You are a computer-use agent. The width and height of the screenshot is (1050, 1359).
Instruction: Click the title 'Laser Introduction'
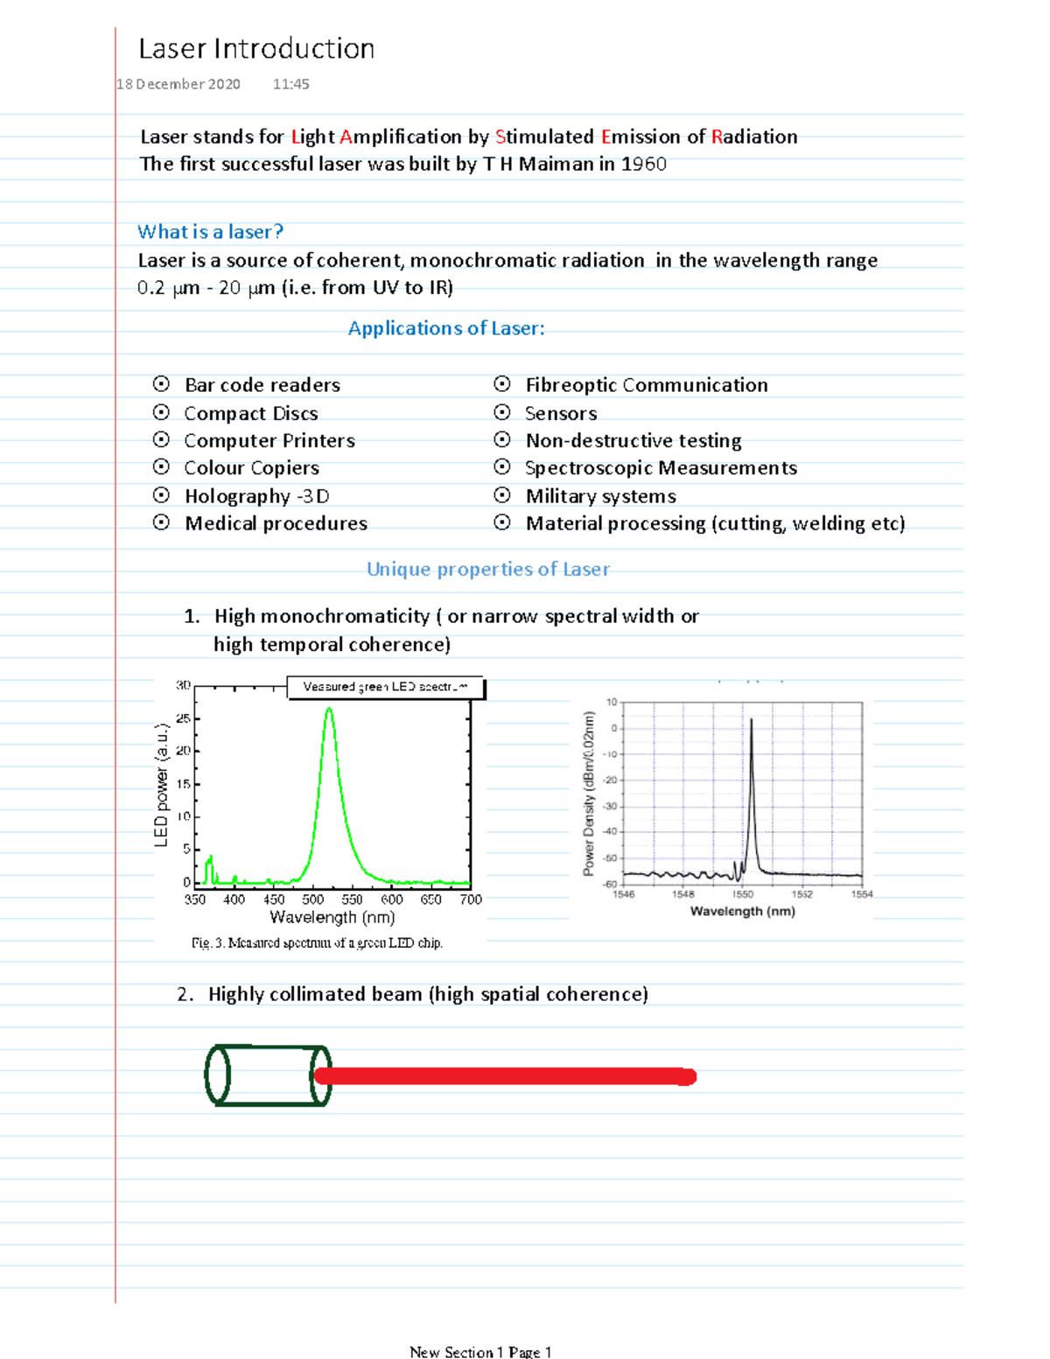(256, 49)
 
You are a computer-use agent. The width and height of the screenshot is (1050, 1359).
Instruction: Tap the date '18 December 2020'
(178, 84)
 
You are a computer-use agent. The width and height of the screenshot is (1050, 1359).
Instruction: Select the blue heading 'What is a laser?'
(210, 232)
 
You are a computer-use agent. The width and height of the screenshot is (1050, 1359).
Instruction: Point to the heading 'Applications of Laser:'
(446, 328)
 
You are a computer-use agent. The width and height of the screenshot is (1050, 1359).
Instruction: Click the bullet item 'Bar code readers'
(262, 385)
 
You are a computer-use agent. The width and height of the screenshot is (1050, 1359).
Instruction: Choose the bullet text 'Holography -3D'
(257, 496)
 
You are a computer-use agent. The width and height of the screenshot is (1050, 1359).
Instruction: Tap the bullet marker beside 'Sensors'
(502, 412)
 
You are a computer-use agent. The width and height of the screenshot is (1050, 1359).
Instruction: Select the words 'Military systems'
(600, 496)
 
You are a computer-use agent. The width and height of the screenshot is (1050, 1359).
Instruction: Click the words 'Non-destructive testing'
(633, 440)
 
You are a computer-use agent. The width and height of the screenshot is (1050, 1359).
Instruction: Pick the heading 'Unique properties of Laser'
(488, 569)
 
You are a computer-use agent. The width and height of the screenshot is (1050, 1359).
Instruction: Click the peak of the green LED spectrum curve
(329, 709)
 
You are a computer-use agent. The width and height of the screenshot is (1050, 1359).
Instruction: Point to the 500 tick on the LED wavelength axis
(313, 899)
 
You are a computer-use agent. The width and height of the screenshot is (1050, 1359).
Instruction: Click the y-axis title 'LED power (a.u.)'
(161, 785)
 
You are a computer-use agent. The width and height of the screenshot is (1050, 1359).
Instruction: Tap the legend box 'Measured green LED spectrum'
(386, 687)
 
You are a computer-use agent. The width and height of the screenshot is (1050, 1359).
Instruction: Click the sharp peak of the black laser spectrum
(751, 721)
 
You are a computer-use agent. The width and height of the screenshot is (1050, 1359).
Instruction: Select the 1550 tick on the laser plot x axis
(743, 893)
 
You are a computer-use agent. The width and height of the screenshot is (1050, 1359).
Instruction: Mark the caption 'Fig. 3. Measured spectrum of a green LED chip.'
(317, 942)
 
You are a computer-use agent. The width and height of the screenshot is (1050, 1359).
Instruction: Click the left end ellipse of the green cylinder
(217, 1075)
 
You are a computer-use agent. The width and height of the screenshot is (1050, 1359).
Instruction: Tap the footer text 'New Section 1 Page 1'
(480, 1352)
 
